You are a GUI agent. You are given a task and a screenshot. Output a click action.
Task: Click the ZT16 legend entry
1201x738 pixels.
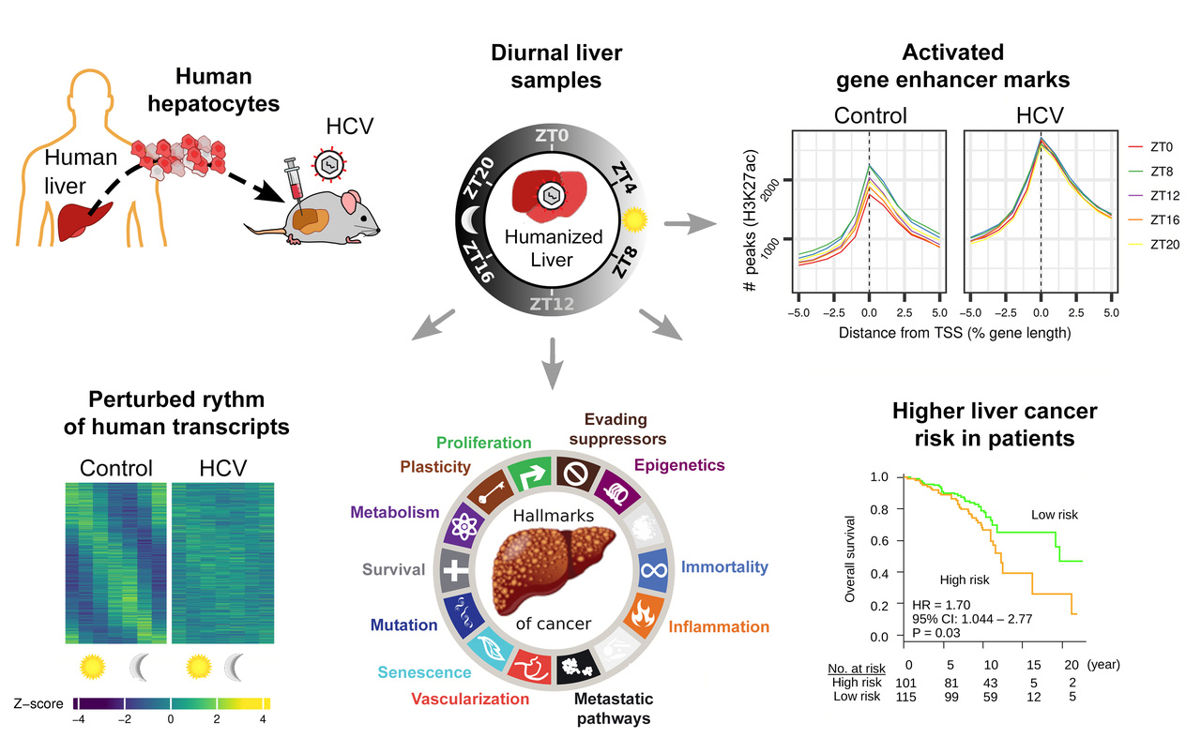[1152, 218]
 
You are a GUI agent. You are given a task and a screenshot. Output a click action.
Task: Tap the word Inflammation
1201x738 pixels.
[720, 626]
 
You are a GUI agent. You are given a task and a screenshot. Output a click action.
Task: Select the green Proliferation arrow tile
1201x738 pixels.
[529, 475]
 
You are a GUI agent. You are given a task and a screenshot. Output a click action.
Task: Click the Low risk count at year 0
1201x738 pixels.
[905, 699]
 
